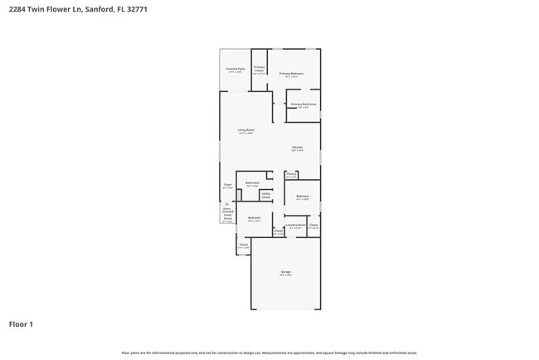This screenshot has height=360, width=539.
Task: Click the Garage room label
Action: click(x=285, y=273)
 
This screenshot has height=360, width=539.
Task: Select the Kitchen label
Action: click(x=297, y=148)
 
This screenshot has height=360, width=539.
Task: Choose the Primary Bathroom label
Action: click(x=303, y=105)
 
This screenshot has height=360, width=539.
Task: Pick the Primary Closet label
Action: click(x=260, y=69)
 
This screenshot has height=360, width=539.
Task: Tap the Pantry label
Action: click(x=291, y=175)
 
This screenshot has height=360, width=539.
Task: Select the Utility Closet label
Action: click(x=265, y=196)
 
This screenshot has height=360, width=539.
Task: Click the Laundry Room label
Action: click(x=295, y=226)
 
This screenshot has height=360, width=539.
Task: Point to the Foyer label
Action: click(x=227, y=186)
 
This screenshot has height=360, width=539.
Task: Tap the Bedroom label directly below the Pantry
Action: click(x=303, y=197)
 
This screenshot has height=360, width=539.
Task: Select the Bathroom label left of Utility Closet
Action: click(x=252, y=184)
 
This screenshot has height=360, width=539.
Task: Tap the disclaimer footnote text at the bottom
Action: click(x=269, y=353)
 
